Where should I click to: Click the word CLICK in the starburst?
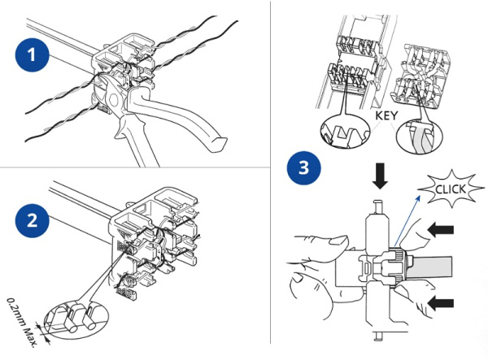[x=447, y=192]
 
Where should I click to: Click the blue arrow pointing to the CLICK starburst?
[x=412, y=219]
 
